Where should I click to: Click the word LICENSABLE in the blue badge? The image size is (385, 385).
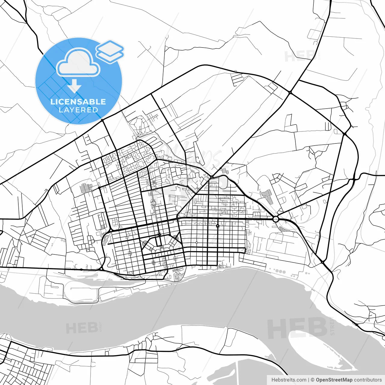78,102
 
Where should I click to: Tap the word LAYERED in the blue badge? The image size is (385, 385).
78,110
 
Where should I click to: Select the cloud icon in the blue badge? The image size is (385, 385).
78,63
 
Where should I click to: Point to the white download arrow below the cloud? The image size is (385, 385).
74,86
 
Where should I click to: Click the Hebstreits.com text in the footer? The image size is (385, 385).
289,380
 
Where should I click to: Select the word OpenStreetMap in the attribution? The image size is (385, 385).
334,380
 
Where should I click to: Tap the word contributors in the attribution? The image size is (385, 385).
368,380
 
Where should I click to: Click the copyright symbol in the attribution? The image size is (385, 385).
313,380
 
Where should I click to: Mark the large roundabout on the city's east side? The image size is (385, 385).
276,219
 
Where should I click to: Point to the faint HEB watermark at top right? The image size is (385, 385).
299,56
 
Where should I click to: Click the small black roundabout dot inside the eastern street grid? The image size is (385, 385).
217,226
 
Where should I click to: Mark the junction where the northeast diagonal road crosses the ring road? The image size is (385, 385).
290,92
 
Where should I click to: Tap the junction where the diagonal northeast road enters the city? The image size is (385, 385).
212,177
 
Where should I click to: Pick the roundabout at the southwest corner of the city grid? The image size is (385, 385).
102,268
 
